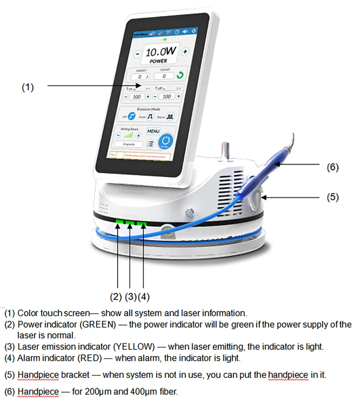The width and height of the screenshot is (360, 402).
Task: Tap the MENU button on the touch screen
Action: point(153,131)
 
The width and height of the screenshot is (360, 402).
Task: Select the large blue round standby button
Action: point(166,142)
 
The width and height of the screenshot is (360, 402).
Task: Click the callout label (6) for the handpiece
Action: point(332,167)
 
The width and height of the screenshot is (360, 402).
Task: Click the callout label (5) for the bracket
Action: point(332,197)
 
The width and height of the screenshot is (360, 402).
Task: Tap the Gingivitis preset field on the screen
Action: point(128,144)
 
